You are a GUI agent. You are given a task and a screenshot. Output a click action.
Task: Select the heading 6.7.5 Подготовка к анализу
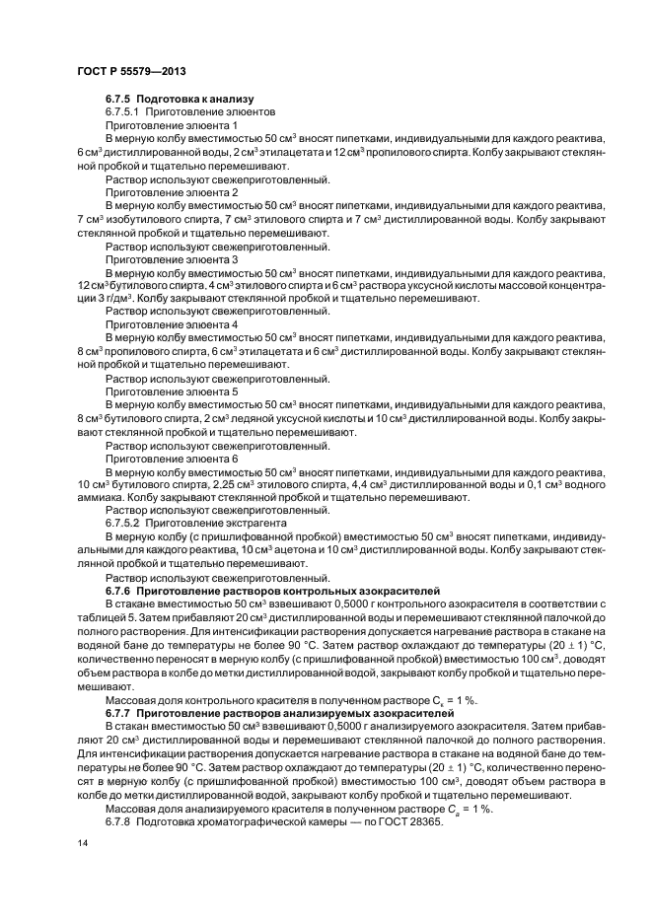(180, 99)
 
